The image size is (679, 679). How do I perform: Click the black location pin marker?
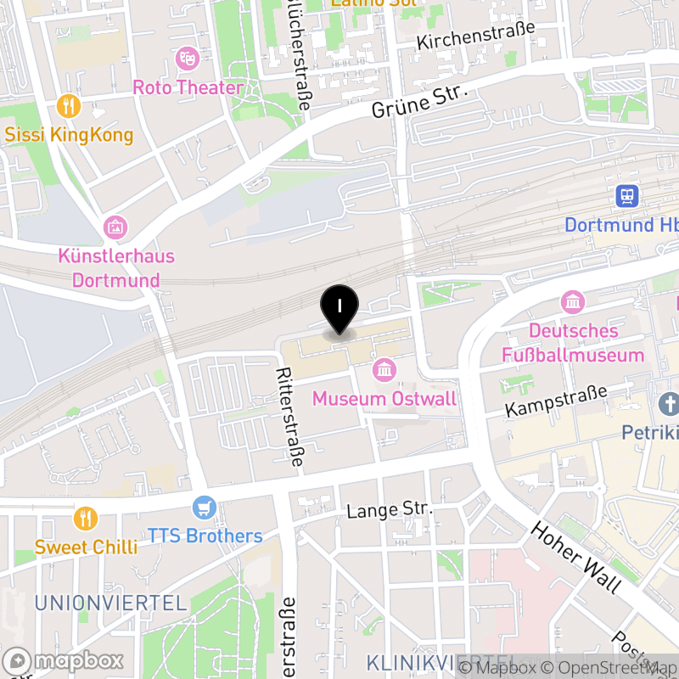click(339, 308)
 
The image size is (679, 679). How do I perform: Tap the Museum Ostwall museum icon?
click(384, 370)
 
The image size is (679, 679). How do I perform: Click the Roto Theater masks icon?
click(186, 59)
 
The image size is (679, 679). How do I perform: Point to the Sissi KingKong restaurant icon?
click(68, 107)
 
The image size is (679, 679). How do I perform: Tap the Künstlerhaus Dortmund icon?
click(115, 227)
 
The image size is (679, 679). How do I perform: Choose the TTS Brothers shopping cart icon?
click(204, 508)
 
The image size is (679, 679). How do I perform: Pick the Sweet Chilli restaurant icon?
click(85, 517)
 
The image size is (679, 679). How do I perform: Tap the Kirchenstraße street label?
click(476, 35)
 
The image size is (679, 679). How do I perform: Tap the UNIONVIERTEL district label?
click(110, 603)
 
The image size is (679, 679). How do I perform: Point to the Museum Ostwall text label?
click(384, 398)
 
